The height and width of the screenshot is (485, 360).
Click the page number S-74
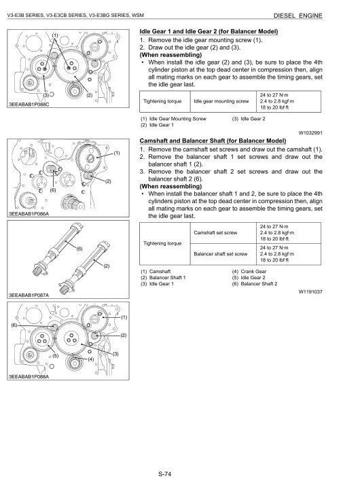[164, 474]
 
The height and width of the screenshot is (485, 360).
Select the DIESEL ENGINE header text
[298, 16]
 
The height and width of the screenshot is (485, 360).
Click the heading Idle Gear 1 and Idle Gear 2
[209, 31]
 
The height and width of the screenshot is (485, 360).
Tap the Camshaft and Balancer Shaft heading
[213, 141]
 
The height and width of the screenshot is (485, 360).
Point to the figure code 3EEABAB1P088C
[29, 105]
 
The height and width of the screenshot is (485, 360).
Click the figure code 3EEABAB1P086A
[29, 214]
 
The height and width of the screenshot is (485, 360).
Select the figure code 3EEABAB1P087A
[29, 295]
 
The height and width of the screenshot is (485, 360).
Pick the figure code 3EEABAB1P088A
[29, 377]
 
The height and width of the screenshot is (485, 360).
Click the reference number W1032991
[310, 133]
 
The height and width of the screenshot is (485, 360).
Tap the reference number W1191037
[310, 291]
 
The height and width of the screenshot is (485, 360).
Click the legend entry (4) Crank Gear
[249, 271]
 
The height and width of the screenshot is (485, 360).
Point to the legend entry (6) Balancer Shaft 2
[255, 284]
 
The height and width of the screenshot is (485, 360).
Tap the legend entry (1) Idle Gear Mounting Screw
[173, 118]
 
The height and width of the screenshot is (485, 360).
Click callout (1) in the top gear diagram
[55, 35]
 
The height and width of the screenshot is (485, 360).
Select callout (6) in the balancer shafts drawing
[79, 249]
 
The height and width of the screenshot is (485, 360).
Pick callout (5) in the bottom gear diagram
[56, 356]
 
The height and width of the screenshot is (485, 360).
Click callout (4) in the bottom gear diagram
[90, 359]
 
